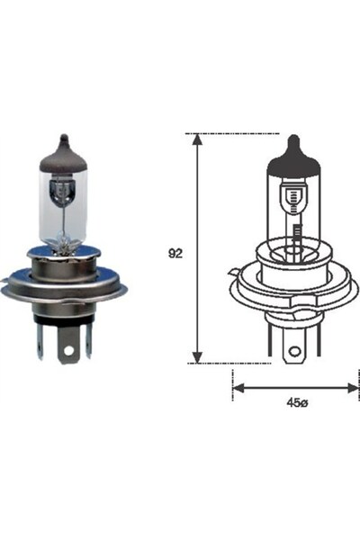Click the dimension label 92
click(x=175, y=254)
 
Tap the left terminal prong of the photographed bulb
click(x=40, y=340)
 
